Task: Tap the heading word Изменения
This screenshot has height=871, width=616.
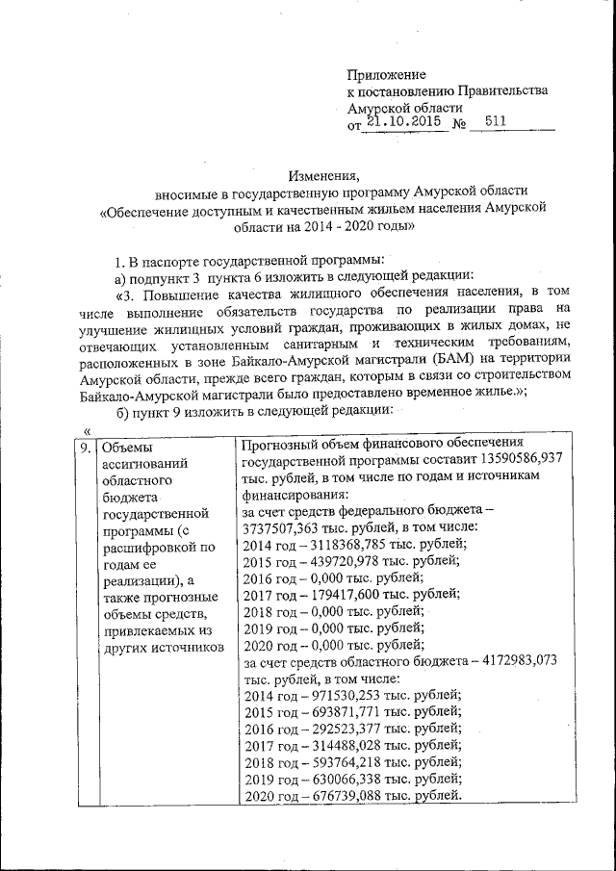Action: [x=322, y=175]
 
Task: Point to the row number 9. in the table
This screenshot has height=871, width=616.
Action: [x=86, y=445]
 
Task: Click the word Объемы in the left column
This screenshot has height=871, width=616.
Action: [x=127, y=446]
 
